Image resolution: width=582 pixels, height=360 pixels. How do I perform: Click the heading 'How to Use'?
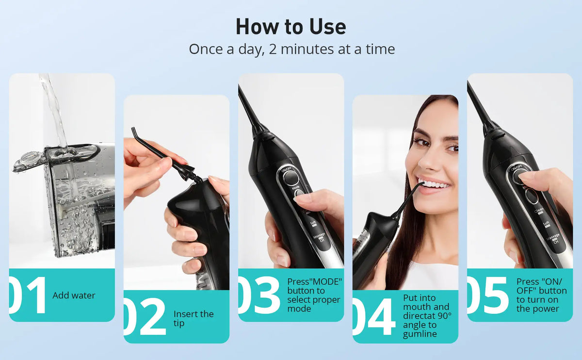tap(291, 27)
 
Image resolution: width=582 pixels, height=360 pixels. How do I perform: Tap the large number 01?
tap(28, 295)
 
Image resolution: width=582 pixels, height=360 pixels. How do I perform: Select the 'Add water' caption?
tap(74, 295)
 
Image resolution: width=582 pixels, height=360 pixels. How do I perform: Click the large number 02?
tap(145, 317)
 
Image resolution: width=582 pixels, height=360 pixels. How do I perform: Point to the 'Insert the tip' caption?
tap(194, 318)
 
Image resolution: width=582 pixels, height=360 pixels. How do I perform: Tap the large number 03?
tap(259, 295)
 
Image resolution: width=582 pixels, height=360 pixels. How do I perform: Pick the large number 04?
tap(374, 317)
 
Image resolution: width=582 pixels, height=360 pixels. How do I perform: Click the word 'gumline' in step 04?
tap(420, 334)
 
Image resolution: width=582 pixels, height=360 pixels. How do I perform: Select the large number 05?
tap(488, 295)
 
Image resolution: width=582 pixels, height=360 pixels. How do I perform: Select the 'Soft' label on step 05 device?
tap(546, 224)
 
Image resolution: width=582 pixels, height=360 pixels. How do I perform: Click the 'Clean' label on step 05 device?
tap(539, 210)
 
